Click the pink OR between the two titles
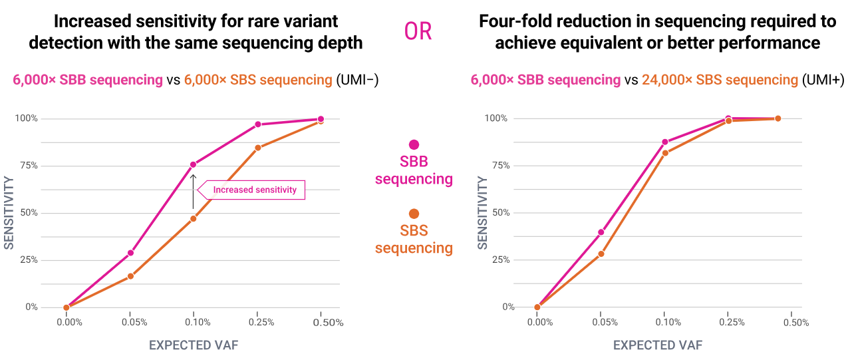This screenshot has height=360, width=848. click(x=418, y=31)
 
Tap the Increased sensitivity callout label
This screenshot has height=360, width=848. click(x=255, y=190)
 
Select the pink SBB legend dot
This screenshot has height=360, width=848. click(x=414, y=144)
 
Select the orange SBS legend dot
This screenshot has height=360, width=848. click(x=414, y=214)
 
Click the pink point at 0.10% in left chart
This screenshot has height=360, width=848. click(x=194, y=164)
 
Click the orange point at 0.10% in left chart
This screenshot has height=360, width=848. click(x=194, y=218)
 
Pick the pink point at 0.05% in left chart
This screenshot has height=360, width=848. click(x=130, y=253)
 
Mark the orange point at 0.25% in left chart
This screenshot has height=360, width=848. click(x=257, y=148)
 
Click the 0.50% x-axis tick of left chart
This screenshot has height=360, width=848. click(x=328, y=323)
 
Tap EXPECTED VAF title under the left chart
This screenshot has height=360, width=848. click(x=193, y=345)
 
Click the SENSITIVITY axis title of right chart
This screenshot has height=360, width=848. click(x=483, y=213)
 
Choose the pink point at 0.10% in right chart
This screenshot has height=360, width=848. click(x=664, y=142)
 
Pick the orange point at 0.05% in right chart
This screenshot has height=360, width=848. click(x=601, y=254)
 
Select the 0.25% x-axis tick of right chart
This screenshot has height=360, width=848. click(x=732, y=323)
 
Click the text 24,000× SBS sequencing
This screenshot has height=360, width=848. click(x=720, y=81)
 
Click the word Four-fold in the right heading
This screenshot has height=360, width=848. click(x=513, y=21)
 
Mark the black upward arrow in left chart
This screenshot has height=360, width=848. click(x=194, y=192)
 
